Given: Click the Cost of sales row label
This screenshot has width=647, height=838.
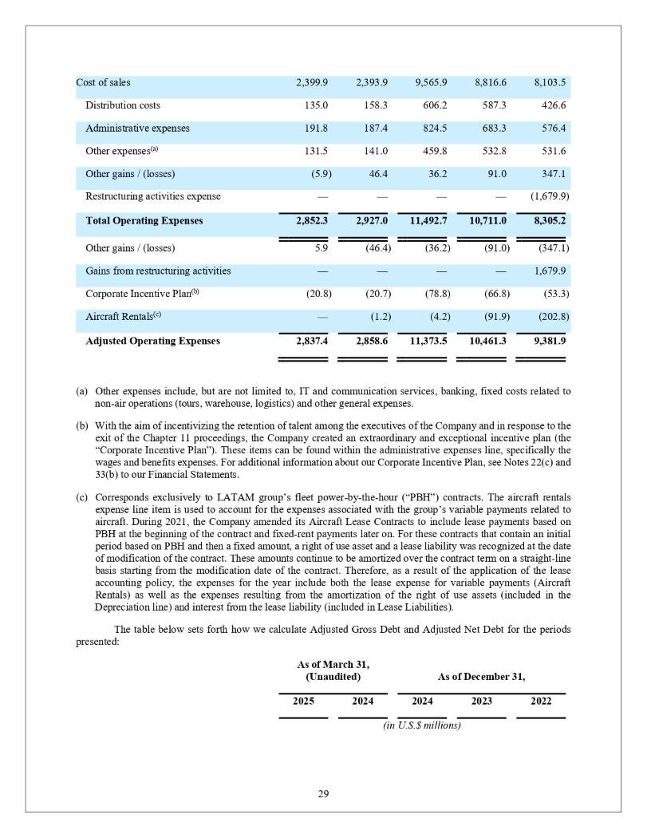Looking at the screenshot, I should (104, 83).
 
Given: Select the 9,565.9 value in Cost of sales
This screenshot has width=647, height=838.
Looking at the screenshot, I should (431, 83).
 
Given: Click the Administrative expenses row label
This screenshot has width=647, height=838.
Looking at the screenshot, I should (137, 128).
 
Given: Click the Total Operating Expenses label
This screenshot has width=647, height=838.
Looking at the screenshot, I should (144, 220).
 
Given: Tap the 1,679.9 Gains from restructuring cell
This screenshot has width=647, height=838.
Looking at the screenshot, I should (548, 271).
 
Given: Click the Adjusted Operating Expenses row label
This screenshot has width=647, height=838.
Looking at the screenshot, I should (152, 341).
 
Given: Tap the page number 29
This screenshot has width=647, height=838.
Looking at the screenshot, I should (323, 793).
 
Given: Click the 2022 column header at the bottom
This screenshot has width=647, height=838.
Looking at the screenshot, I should (540, 702).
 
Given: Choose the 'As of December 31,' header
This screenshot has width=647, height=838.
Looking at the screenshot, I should (481, 676).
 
